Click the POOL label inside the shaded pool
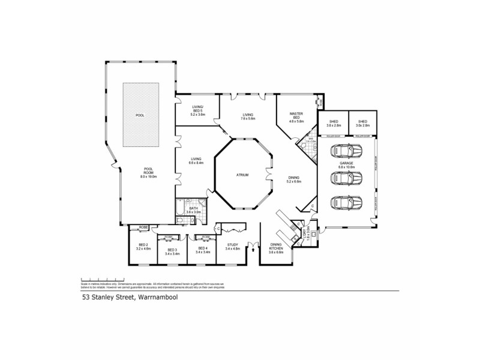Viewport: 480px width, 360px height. pos(140,115)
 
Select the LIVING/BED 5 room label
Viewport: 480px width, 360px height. pos(198,111)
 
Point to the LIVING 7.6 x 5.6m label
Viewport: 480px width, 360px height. pos(248,116)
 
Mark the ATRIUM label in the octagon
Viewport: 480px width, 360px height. pos(242,175)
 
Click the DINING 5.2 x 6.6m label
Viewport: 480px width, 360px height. pos(293,179)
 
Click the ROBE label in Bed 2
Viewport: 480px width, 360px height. pos(143,227)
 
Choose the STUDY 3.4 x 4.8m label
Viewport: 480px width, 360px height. pos(232,246)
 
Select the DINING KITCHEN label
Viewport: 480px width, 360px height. pos(276,248)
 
